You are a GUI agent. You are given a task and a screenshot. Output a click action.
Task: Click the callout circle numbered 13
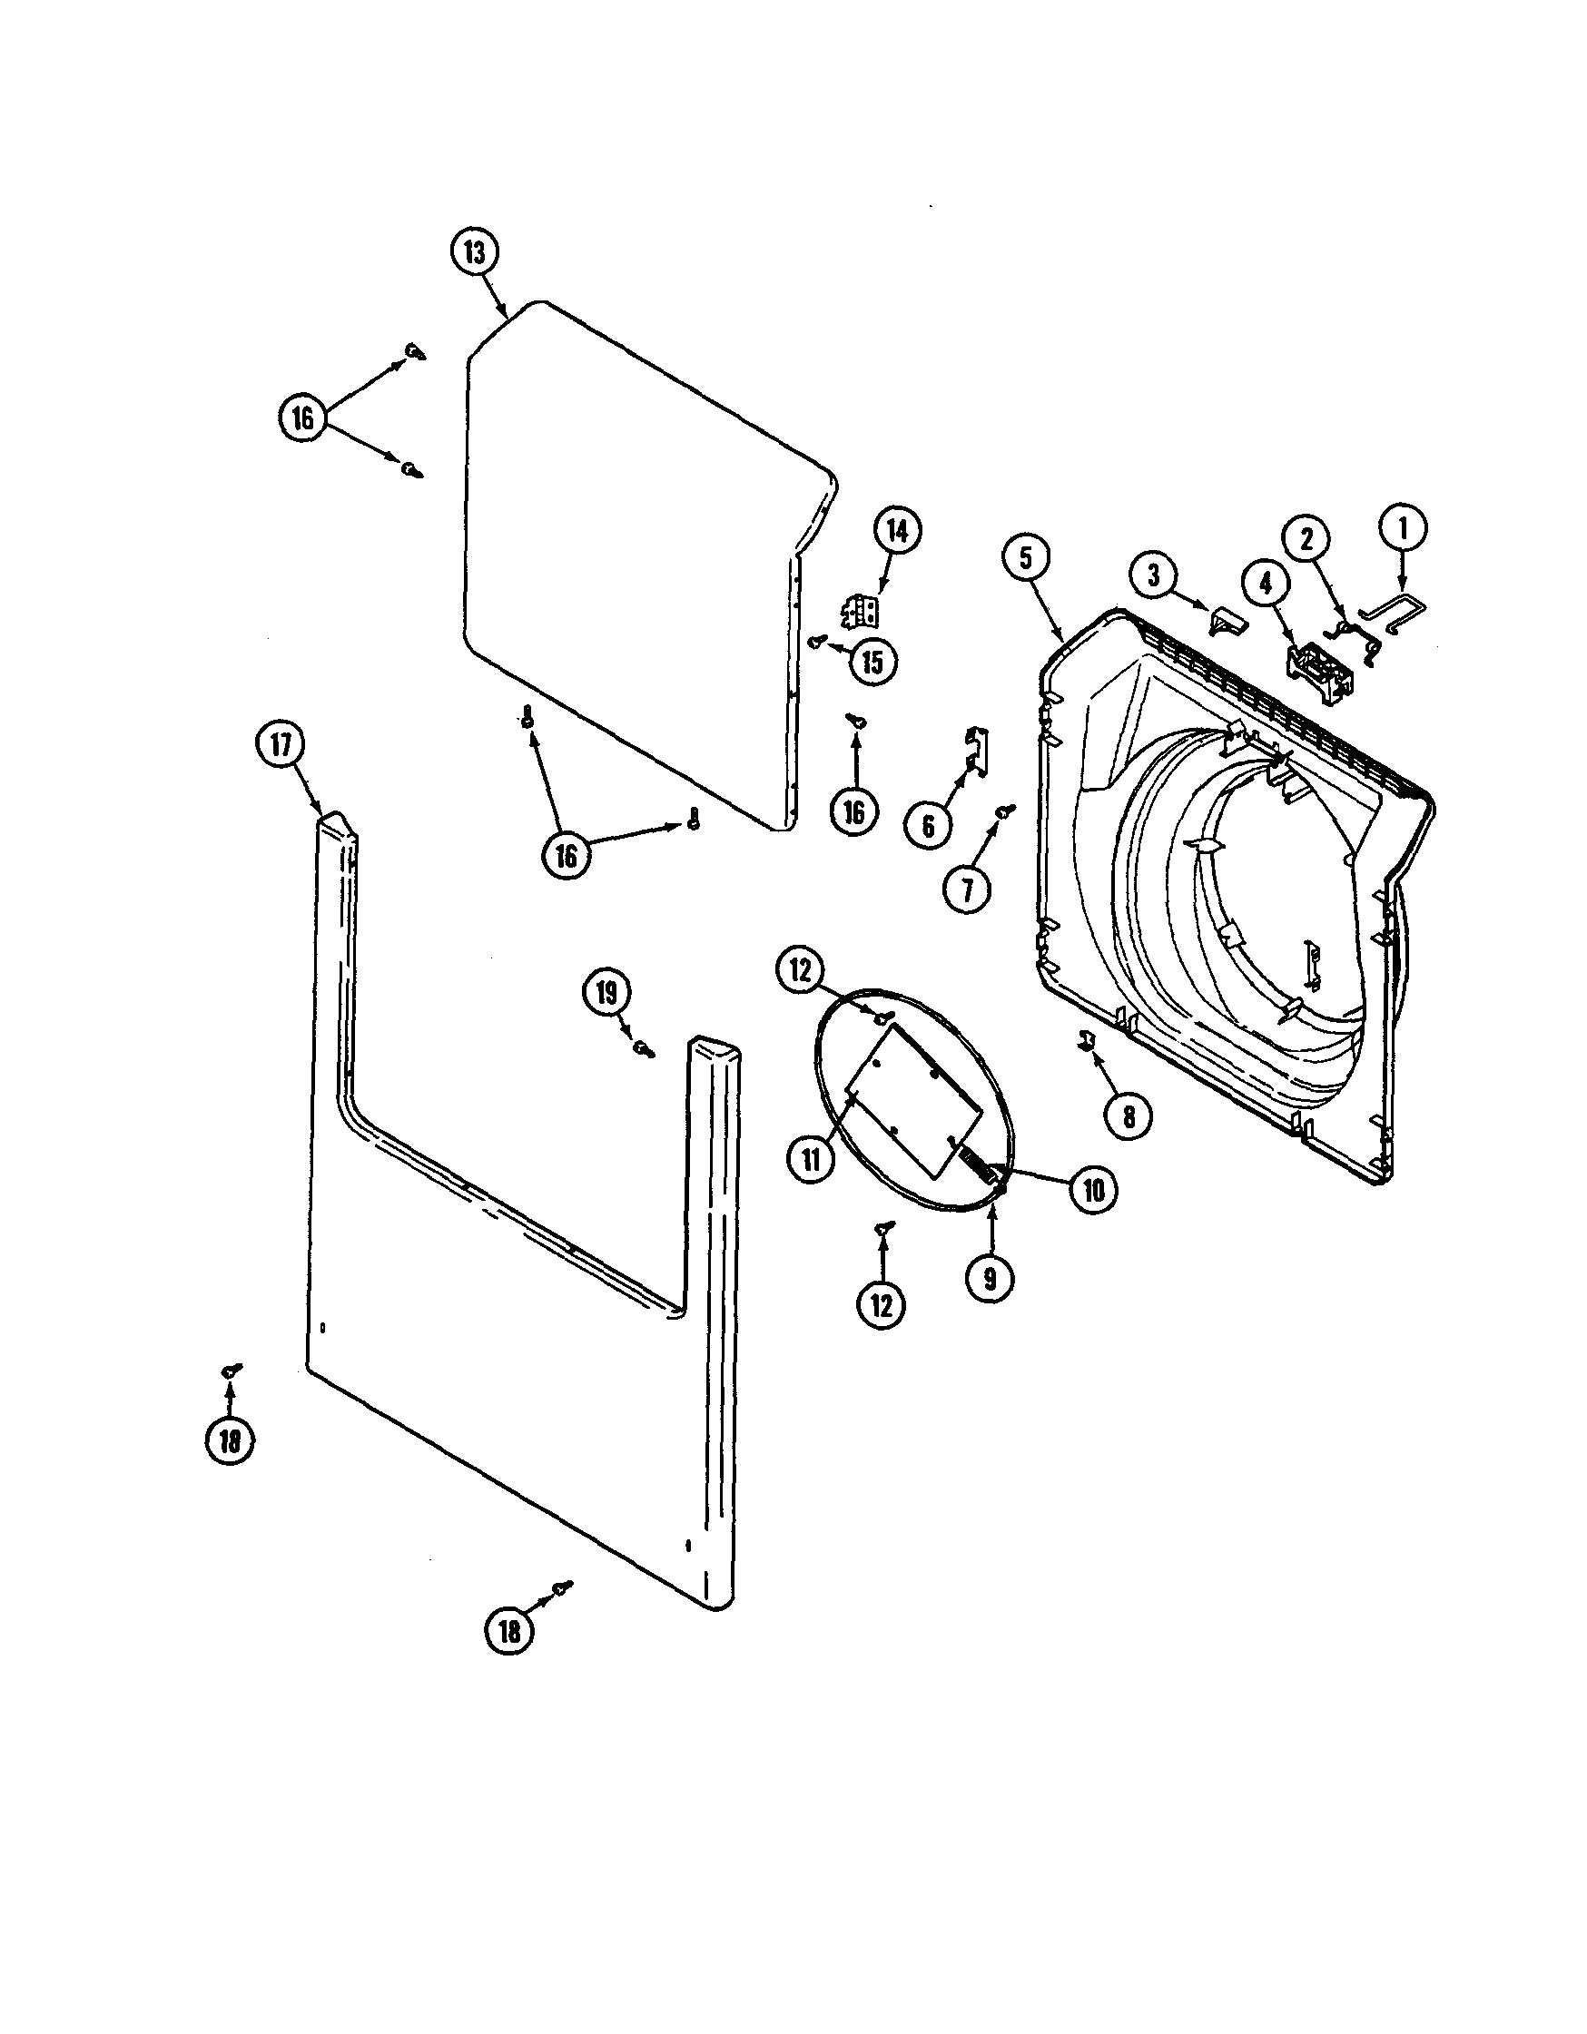(475, 253)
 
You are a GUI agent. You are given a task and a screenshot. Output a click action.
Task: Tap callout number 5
(1026, 558)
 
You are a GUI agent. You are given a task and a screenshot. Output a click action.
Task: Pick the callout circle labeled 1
(1405, 530)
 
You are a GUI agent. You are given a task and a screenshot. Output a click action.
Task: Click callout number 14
(896, 531)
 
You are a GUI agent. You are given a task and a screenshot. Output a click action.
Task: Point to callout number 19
(607, 994)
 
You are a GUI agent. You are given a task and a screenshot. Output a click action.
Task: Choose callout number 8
(1129, 1115)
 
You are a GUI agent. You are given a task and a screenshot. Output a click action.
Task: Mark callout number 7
(967, 891)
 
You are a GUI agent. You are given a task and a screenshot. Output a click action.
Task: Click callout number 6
(928, 824)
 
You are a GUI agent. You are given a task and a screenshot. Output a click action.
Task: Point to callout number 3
(1154, 575)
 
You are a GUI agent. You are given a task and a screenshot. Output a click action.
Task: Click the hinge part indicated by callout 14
(862, 612)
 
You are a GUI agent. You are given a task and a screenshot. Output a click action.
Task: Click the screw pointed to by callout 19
(643, 1048)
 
